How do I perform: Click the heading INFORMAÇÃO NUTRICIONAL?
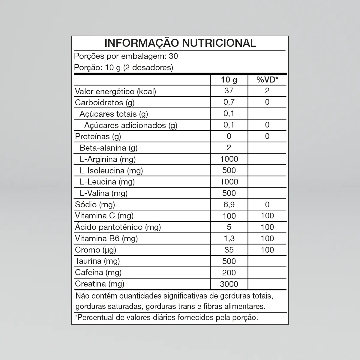(180, 43)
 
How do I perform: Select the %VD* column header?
(267, 80)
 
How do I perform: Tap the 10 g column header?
(229, 80)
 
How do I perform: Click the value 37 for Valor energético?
(229, 91)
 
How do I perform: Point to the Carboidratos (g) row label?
(105, 102)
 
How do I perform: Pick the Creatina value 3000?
(229, 284)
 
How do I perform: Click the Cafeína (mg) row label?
(98, 272)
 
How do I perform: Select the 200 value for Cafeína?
(229, 272)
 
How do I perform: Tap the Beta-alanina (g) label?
(108, 148)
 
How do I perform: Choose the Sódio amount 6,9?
(229, 205)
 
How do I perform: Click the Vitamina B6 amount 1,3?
(229, 238)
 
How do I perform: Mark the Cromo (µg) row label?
(95, 250)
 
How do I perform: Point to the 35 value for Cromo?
(229, 250)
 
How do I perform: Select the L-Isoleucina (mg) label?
(111, 171)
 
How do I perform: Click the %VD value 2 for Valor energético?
(267, 91)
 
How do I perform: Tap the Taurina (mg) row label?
(97, 261)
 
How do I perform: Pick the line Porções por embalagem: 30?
(126, 56)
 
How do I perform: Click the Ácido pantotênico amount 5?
(229, 227)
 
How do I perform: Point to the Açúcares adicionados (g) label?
(130, 125)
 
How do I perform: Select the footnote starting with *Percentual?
(166, 317)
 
